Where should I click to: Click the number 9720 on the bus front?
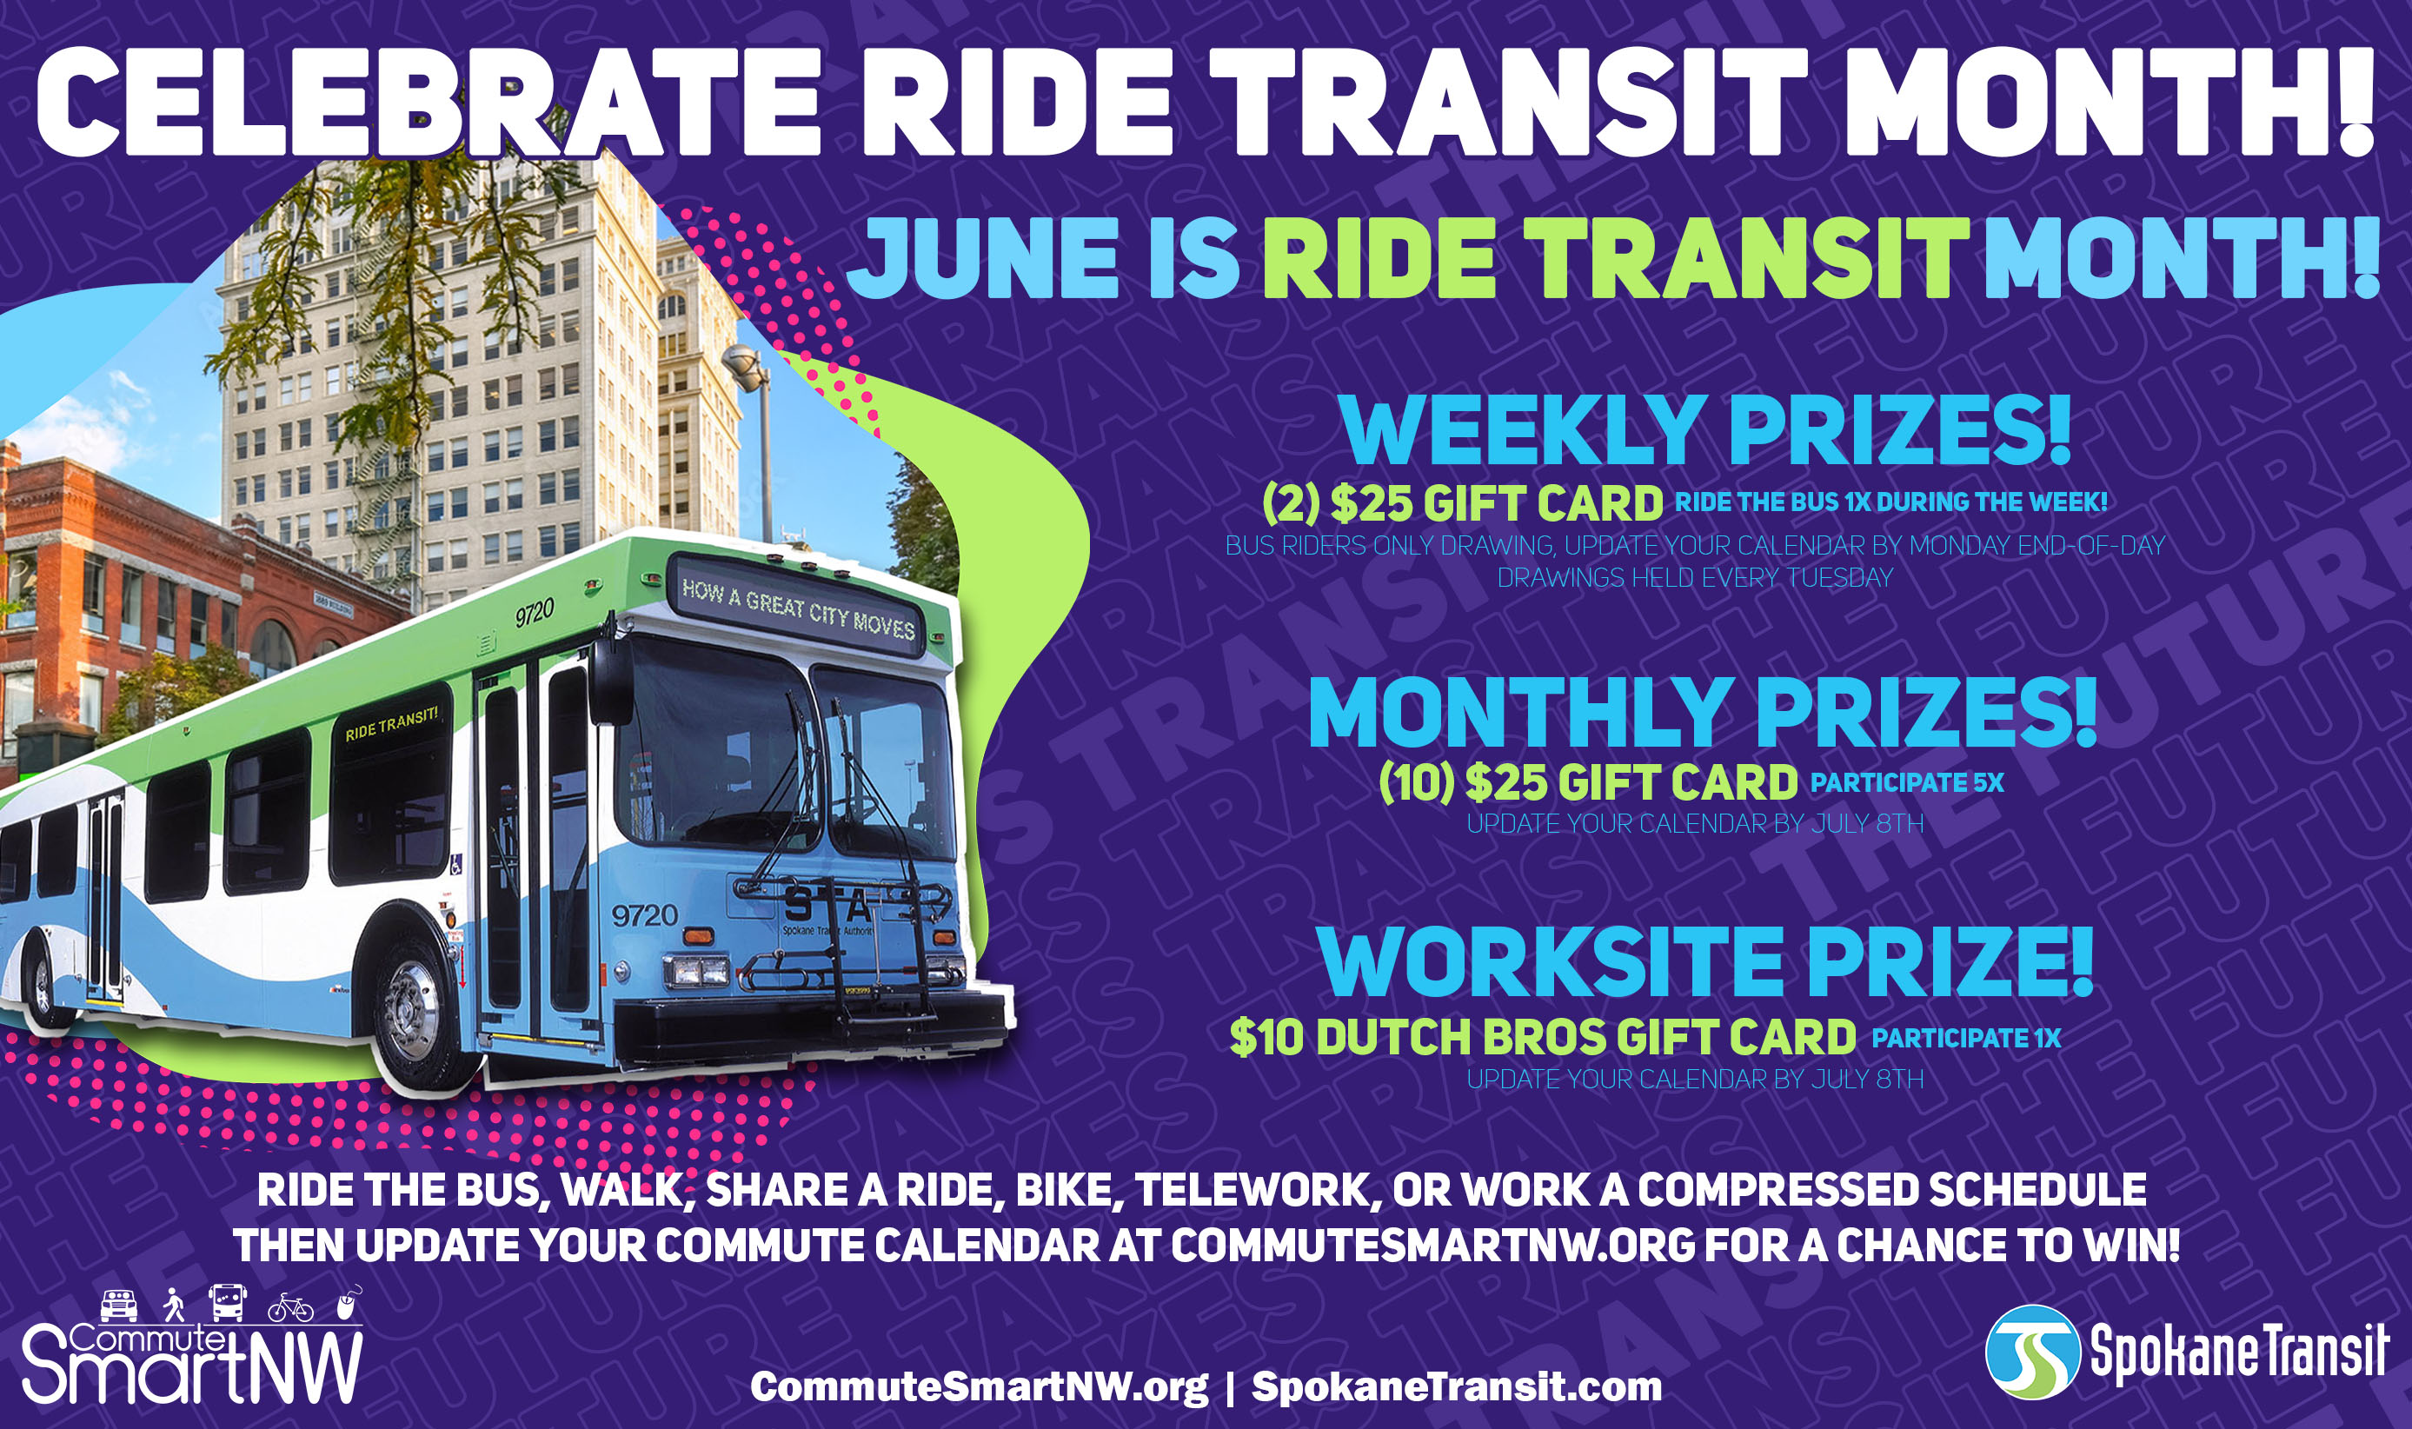click(644, 914)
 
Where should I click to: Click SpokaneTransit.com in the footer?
click(1456, 1387)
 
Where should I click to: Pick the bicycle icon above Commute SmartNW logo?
click(291, 1309)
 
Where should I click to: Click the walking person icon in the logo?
click(173, 1305)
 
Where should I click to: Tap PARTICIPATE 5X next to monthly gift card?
click(1906, 782)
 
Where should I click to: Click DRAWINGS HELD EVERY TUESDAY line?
click(1695, 578)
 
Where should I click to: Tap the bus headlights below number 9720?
click(696, 971)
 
